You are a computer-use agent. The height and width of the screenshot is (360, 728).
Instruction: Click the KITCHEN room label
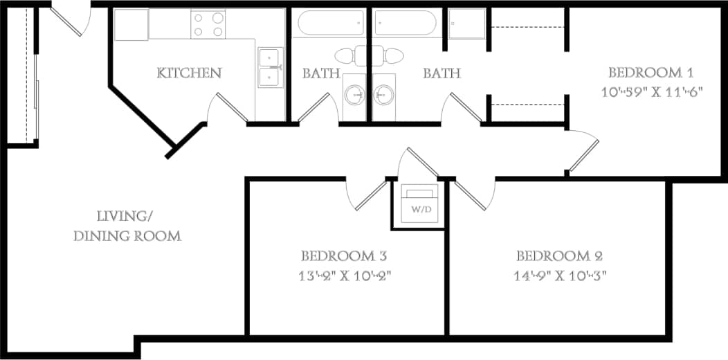189,73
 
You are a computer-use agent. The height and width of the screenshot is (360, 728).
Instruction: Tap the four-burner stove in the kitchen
208,25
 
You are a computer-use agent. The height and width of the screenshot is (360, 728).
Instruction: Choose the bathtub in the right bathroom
406,23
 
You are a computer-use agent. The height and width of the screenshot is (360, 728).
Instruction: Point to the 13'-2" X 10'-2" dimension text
347,275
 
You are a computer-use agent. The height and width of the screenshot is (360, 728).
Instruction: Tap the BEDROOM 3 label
347,255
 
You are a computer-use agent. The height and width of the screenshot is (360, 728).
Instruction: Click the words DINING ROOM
127,236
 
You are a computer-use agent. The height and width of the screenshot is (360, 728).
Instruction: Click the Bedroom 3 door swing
365,194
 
